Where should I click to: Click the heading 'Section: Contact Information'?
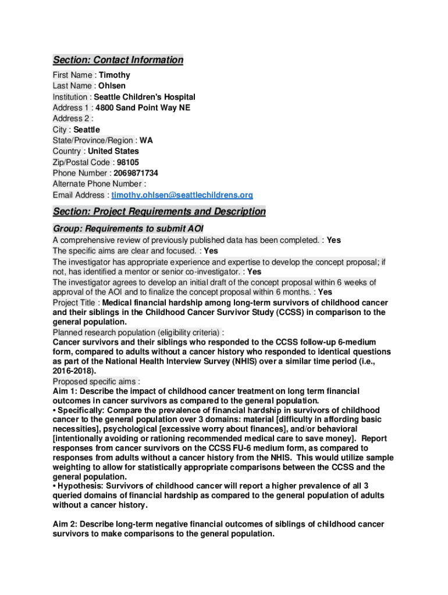click(x=118, y=60)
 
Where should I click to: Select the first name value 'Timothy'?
click(x=115, y=75)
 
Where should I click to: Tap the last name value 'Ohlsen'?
click(x=112, y=86)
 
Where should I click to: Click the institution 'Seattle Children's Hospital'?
click(x=144, y=97)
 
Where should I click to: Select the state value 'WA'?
click(x=146, y=140)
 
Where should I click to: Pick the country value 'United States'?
click(x=113, y=151)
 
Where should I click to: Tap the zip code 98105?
click(x=127, y=162)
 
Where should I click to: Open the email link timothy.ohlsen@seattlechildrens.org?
click(x=182, y=195)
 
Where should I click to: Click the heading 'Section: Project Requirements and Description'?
click(x=159, y=212)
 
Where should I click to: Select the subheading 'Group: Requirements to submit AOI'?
click(x=128, y=228)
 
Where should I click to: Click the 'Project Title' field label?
click(x=75, y=303)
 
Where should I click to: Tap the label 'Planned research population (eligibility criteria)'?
click(x=136, y=332)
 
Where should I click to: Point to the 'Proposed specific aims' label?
click(x=94, y=382)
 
